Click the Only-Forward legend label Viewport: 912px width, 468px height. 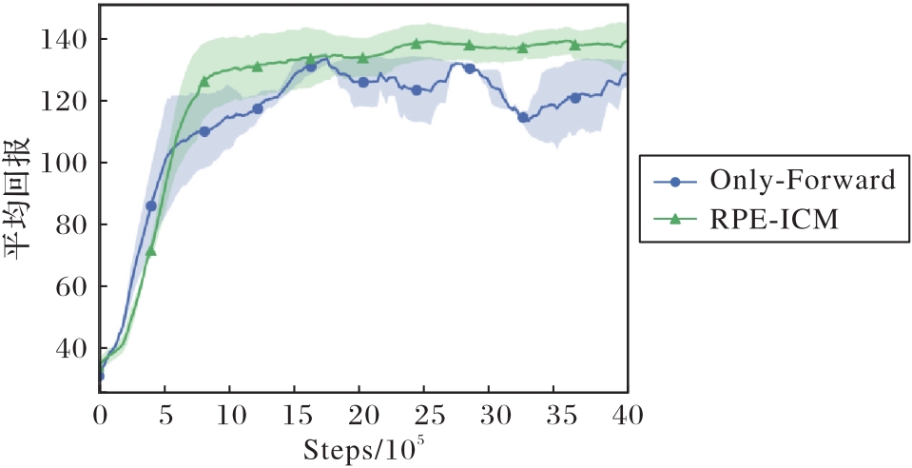803,180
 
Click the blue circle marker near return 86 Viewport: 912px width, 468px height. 151,205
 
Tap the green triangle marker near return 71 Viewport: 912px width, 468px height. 151,251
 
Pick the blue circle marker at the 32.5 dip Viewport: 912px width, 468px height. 522,117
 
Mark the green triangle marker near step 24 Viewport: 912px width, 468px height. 416,44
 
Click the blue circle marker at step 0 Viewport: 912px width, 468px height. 100,376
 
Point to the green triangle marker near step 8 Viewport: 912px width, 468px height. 204,81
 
